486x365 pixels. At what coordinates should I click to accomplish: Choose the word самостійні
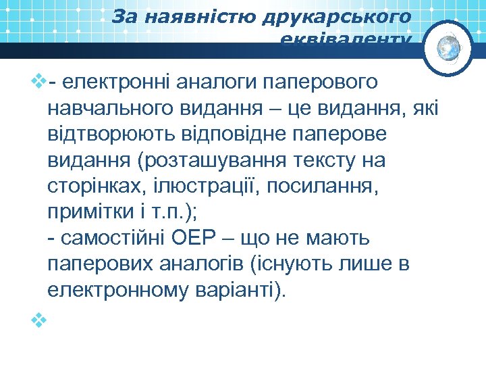pos(116,239)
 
